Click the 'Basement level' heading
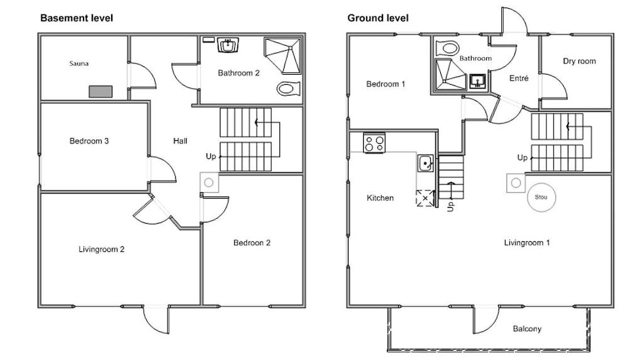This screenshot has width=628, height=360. point(77,18)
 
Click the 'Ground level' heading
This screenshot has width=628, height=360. point(377,18)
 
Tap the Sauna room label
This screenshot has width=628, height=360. point(79,63)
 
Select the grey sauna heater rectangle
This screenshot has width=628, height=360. point(100,91)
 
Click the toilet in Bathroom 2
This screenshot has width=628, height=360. point(288,88)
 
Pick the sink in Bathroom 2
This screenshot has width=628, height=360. point(229,45)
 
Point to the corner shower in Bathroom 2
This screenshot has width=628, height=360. point(283,56)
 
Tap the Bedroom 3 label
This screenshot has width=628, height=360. point(89,141)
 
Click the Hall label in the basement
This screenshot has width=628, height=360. point(180,141)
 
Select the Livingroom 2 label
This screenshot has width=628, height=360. point(101,249)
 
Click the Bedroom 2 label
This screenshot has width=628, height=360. point(252,243)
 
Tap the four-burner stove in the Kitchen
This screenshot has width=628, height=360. point(374,143)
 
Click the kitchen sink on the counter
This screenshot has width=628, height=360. point(425,163)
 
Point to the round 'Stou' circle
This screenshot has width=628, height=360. point(541,197)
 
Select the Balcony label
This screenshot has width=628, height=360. point(527,329)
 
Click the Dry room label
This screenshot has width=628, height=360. point(579,62)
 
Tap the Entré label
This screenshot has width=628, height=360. point(519,79)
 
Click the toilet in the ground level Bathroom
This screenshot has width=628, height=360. point(447,48)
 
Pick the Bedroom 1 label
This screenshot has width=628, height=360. point(386,84)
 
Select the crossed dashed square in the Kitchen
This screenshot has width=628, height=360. point(425,198)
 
